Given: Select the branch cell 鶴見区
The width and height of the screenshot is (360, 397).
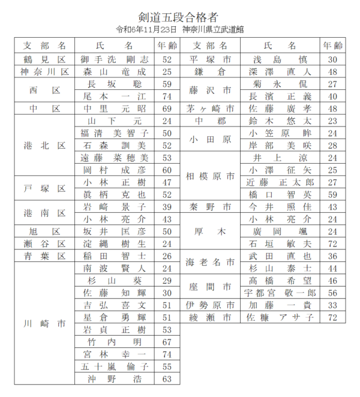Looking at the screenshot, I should pyautogui.click(x=44, y=59).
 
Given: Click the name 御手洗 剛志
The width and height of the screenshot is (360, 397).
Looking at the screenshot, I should pyautogui.click(x=114, y=59).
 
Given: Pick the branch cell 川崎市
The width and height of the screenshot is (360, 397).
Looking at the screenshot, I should pyautogui.click(x=44, y=323).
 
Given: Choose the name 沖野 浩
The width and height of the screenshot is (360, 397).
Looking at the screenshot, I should pyautogui.click(x=114, y=379).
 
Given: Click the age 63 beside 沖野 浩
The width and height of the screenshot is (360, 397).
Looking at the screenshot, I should pyautogui.click(x=167, y=379).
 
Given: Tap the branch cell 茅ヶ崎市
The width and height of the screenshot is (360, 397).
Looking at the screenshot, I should pyautogui.click(x=209, y=109).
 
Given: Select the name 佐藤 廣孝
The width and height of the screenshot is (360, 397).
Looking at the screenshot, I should pyautogui.click(x=280, y=109).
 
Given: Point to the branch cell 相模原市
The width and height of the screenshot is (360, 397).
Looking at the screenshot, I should pyautogui.click(x=209, y=176).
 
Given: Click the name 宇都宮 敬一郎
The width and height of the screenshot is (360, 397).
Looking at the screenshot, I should pyautogui.click(x=280, y=293).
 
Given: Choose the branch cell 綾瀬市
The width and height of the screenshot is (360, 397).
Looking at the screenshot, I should pyautogui.click(x=209, y=317).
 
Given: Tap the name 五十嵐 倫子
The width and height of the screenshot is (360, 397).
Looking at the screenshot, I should pyautogui.click(x=114, y=366).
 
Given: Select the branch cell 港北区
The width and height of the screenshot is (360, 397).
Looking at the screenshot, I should pyautogui.click(x=44, y=146).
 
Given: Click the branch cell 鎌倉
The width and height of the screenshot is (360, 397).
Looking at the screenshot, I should pyautogui.click(x=209, y=72).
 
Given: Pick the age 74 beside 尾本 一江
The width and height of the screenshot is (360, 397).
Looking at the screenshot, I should pyautogui.click(x=167, y=96).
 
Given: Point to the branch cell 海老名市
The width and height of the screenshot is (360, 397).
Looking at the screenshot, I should pyautogui.click(x=209, y=262).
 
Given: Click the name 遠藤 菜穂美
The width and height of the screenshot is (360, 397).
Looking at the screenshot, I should pyautogui.click(x=114, y=158).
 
